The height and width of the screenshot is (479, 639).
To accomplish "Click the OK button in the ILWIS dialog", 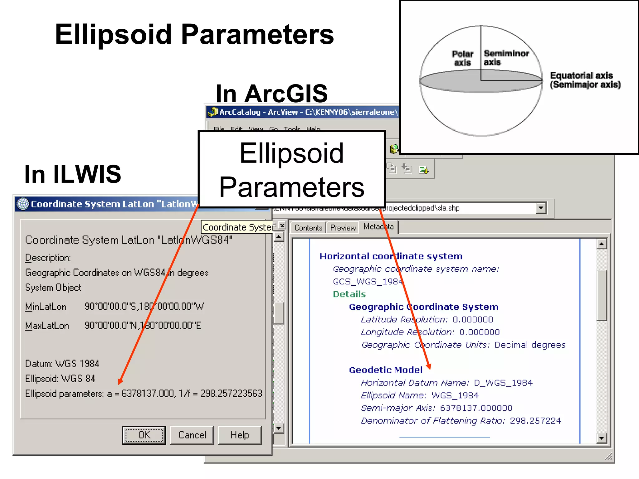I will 144,435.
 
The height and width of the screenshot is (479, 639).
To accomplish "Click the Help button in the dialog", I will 239,435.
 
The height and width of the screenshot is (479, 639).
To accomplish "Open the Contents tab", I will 308,228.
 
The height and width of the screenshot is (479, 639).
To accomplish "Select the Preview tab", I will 343,228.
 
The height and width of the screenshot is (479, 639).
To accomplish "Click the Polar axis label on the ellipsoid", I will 462,58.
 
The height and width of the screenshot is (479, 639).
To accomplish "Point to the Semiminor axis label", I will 506,58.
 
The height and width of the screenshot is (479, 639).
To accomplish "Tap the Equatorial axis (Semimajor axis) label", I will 585,80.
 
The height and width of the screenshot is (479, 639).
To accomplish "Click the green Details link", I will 349,294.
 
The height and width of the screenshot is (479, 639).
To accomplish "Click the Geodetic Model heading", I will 386,370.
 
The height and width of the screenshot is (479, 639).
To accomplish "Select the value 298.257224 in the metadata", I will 535,421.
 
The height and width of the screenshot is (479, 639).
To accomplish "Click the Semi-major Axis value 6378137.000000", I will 476,408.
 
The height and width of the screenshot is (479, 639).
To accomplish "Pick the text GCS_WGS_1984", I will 368,282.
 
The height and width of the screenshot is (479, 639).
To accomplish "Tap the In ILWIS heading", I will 73,174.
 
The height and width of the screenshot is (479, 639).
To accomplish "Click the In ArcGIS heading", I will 271,94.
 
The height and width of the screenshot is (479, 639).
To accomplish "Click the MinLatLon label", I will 46,307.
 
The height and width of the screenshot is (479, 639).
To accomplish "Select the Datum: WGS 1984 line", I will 62,364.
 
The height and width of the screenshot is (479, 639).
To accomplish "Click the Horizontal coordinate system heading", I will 391,256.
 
